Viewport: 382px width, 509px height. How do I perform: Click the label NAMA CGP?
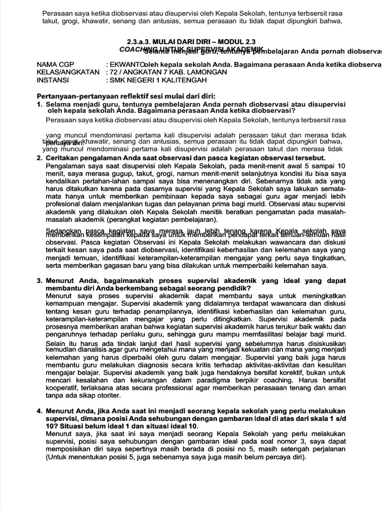(x=55, y=65)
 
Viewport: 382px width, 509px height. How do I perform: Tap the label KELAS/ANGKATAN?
(x=68, y=72)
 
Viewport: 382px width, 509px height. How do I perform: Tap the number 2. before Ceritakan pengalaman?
(x=39, y=158)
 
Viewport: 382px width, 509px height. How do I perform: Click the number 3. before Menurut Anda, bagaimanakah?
(x=39, y=281)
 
